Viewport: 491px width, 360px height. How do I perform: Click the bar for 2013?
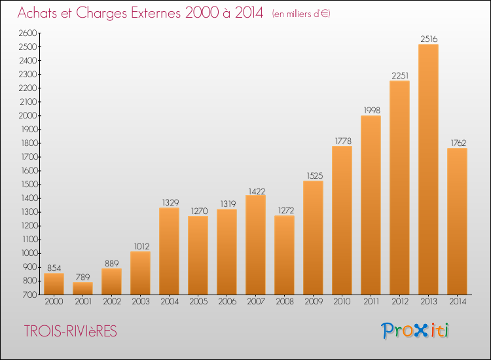(428, 170)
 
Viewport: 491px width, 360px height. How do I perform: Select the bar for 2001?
(82, 288)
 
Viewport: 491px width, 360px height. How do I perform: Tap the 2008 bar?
(284, 255)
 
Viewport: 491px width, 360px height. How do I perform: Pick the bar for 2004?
(169, 251)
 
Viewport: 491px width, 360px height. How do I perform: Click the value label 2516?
(429, 39)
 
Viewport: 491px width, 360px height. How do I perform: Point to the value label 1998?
(372, 110)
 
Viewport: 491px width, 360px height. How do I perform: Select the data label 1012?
(141, 246)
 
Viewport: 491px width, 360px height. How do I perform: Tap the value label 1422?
(257, 191)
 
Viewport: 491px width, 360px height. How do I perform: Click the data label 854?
(54, 268)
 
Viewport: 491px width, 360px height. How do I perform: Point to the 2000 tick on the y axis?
(28, 115)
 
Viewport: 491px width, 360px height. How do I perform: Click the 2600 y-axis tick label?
(28, 33)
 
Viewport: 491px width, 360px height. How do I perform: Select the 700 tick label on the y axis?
(30, 295)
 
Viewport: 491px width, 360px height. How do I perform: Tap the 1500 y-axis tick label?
(29, 185)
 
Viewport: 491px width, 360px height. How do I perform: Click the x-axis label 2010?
(342, 302)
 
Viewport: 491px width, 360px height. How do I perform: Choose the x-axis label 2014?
(458, 302)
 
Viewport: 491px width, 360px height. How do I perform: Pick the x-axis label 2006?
(227, 302)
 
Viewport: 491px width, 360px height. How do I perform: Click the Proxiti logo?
(415, 331)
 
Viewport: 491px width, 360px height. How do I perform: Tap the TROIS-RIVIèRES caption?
(71, 331)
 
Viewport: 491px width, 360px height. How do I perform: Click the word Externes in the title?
(156, 13)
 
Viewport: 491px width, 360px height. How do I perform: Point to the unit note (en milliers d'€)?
(301, 14)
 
